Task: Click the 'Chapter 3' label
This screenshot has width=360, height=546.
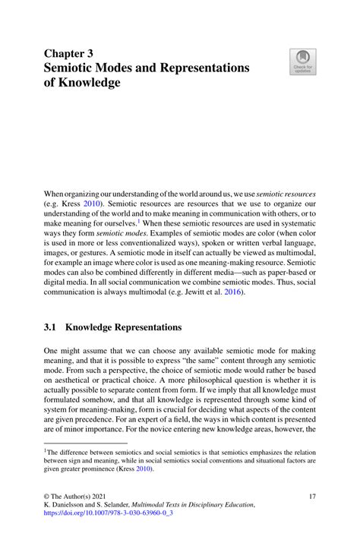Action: click(69, 54)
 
